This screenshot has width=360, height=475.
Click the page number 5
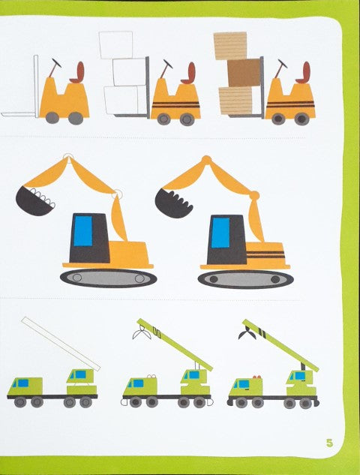(x=329, y=441)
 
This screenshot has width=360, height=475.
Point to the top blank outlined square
(x=115, y=44)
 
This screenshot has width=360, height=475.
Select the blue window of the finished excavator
(x=220, y=232)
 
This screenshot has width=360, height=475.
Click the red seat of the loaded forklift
(x=301, y=73)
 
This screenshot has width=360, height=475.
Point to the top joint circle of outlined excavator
(x=68, y=158)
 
